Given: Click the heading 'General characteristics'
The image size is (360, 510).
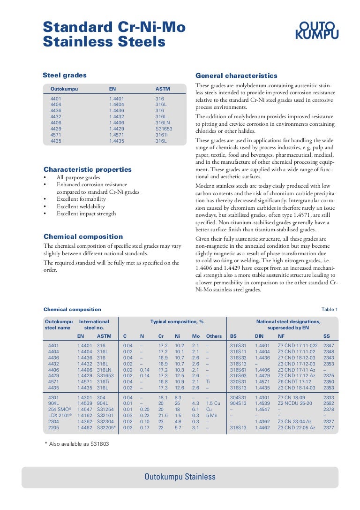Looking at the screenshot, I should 236,76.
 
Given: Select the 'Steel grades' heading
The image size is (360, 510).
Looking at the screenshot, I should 65,75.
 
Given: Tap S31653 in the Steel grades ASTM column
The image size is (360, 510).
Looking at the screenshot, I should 164,128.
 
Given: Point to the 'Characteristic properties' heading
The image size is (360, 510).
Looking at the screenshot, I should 88,169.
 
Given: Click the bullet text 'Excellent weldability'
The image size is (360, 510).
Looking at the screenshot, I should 81,206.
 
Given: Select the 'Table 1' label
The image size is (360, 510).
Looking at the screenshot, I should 329,309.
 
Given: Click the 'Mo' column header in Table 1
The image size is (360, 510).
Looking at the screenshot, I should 196,336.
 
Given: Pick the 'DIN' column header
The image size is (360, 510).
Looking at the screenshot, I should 259,336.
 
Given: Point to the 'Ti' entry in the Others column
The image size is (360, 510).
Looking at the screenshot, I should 208,381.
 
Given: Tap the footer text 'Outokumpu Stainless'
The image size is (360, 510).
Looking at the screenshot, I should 180,477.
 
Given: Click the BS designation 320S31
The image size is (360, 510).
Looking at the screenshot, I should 238,381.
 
